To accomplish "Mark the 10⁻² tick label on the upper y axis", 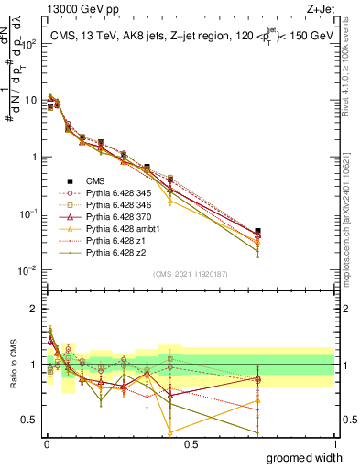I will pos(27,270).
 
